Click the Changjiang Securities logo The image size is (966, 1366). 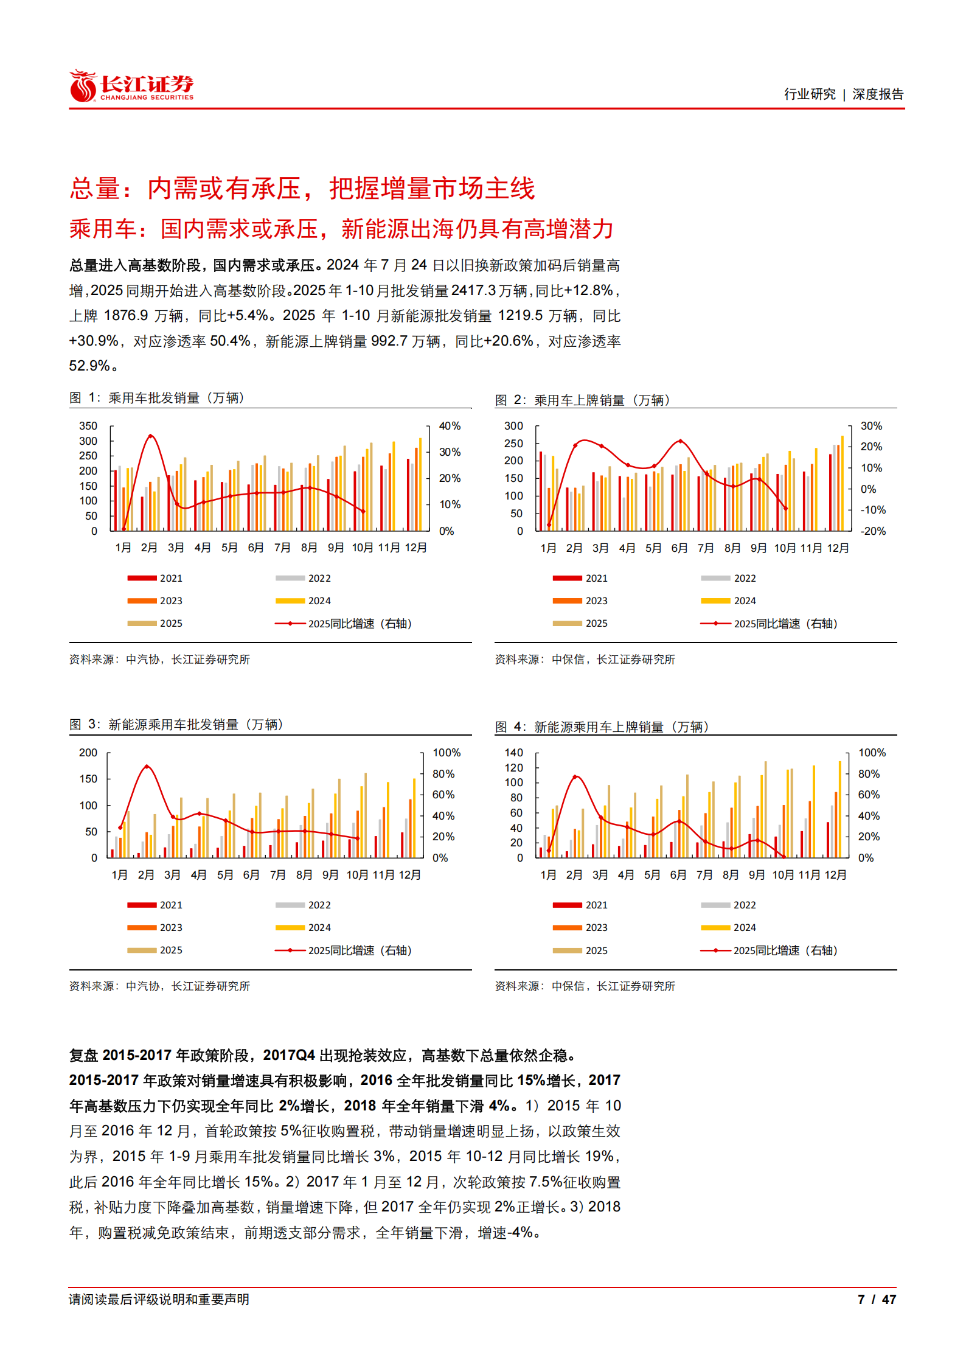pyautogui.click(x=131, y=86)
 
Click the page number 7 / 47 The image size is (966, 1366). pyautogui.click(x=876, y=1299)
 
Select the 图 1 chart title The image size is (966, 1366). pyautogui.click(x=157, y=398)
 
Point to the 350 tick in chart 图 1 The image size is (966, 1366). pyautogui.click(x=88, y=426)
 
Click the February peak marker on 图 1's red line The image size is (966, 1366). pyautogui.click(x=150, y=436)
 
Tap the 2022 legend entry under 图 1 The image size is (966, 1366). pyautogui.click(x=319, y=578)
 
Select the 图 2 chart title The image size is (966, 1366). pyautogui.click(x=582, y=400)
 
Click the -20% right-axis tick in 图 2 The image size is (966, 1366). pyautogui.click(x=873, y=531)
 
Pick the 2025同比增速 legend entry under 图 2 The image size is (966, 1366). pyautogui.click(x=785, y=624)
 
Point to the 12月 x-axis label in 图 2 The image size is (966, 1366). pyautogui.click(x=837, y=548)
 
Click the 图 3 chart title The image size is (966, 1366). pyautogui.click(x=176, y=725)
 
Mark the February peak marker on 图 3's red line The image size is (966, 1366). pyautogui.click(x=146, y=767)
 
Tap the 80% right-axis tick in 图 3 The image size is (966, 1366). pyautogui.click(x=443, y=774)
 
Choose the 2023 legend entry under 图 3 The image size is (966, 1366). pyautogui.click(x=170, y=928)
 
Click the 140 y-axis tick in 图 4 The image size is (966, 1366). pyautogui.click(x=513, y=753)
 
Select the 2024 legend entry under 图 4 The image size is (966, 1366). pyautogui.click(x=744, y=928)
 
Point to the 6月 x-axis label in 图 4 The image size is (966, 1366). pyautogui.click(x=678, y=875)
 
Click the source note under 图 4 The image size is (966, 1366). pyautogui.click(x=585, y=986)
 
